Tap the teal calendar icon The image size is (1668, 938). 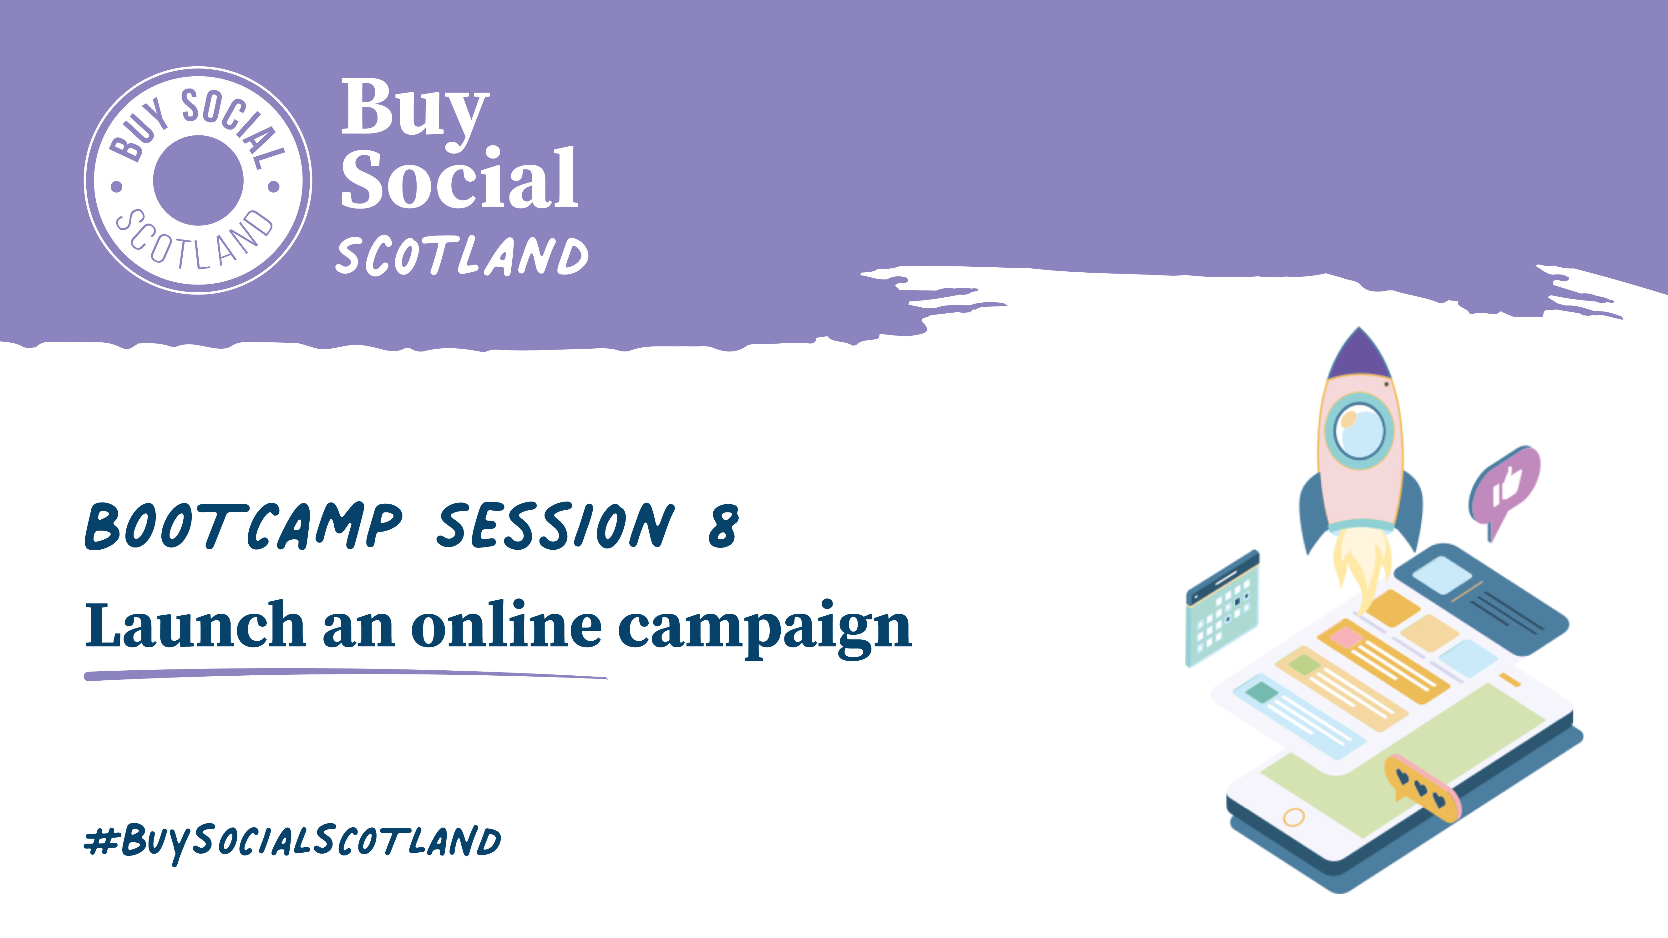coord(1222,608)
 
